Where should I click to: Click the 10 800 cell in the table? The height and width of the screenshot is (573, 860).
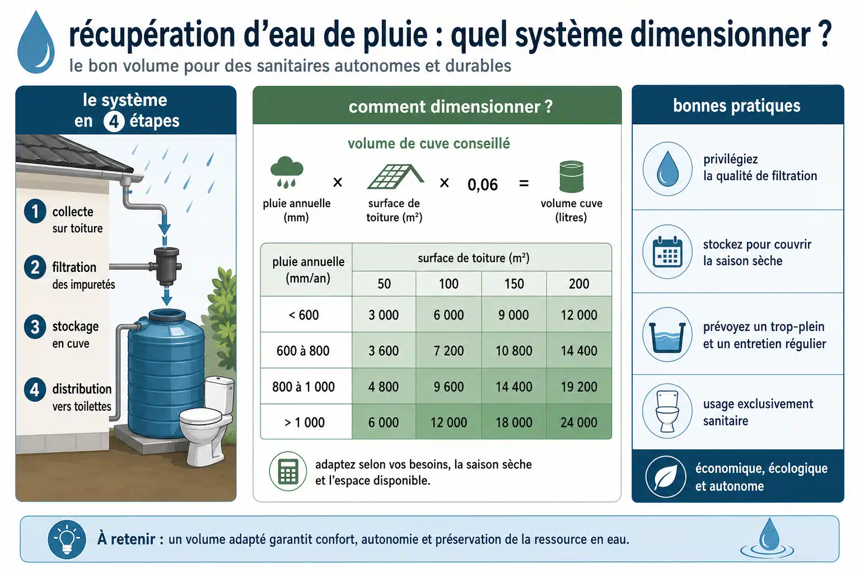click(513, 350)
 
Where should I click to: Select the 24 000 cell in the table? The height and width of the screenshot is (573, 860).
click(579, 422)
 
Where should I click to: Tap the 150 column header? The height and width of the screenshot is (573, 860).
click(513, 284)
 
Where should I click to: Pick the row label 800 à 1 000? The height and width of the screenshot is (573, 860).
click(303, 387)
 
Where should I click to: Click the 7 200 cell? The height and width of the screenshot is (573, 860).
click(448, 350)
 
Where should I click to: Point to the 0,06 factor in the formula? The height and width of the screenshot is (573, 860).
click(483, 185)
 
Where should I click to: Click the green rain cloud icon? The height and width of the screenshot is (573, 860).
click(287, 172)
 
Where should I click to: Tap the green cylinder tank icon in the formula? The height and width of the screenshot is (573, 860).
click(571, 176)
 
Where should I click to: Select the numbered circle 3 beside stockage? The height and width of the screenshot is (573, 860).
click(35, 327)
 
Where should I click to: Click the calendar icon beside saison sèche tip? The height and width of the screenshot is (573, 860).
click(667, 252)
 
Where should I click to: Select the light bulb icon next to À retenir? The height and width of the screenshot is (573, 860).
click(67, 539)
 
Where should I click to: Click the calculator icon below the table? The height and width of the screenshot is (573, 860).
click(288, 471)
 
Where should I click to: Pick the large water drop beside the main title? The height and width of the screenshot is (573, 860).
click(36, 42)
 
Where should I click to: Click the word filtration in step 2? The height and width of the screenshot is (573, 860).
click(74, 267)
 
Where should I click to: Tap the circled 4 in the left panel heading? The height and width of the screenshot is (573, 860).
click(114, 121)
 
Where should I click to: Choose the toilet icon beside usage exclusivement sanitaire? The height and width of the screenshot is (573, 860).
click(667, 411)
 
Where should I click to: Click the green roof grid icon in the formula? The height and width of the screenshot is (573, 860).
click(395, 177)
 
